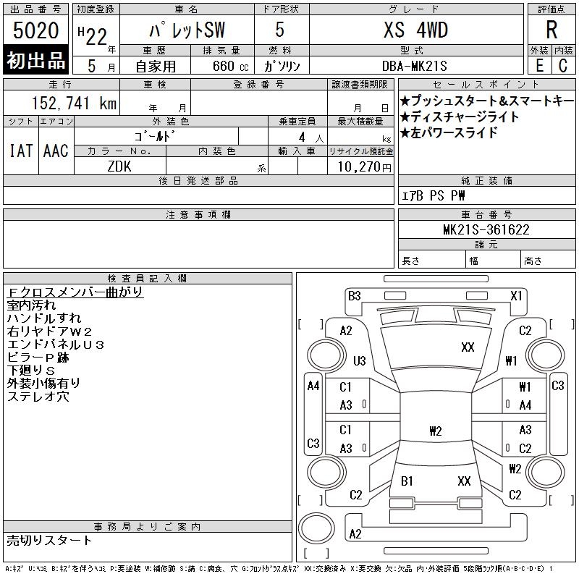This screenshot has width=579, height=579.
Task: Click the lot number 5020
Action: [36, 31]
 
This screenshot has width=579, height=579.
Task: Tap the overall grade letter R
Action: [551, 30]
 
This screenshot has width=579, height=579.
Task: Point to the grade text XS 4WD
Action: [415, 30]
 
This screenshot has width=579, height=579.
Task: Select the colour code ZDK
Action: [119, 166]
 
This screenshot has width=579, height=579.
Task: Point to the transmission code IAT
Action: [20, 151]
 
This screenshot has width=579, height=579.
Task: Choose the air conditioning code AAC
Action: [55, 151]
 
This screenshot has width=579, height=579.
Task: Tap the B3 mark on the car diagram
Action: [354, 295]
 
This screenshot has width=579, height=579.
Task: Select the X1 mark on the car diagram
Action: [516, 295]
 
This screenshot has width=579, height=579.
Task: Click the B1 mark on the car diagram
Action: [407, 481]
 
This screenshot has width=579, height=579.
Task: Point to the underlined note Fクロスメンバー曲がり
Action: [75, 292]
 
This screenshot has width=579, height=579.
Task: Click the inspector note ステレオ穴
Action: [38, 396]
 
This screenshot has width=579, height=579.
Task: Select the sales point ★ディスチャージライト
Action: [459, 117]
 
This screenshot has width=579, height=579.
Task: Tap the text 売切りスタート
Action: [49, 540]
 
